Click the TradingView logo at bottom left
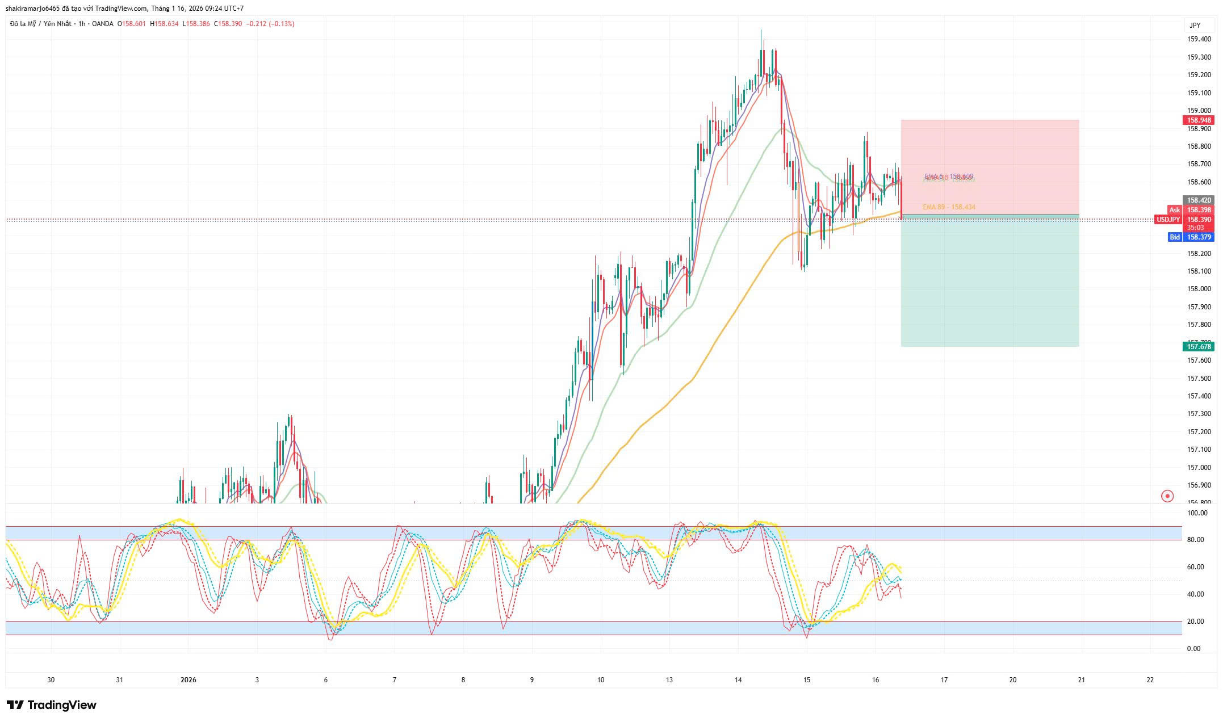(52, 705)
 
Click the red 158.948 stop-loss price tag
(1199, 120)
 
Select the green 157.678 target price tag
(1199, 346)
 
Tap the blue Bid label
(1175, 237)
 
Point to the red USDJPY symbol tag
(1168, 220)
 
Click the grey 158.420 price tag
(1199, 200)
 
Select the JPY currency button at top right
(1195, 25)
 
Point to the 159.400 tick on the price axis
(1199, 39)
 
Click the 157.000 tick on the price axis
(1199, 468)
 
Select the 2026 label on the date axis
(188, 680)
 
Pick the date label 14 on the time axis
(738, 680)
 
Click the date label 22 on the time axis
(1150, 680)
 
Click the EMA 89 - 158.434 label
(949, 207)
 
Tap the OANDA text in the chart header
(103, 24)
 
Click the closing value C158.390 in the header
(228, 24)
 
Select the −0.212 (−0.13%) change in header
(270, 24)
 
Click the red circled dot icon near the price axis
(1167, 496)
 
